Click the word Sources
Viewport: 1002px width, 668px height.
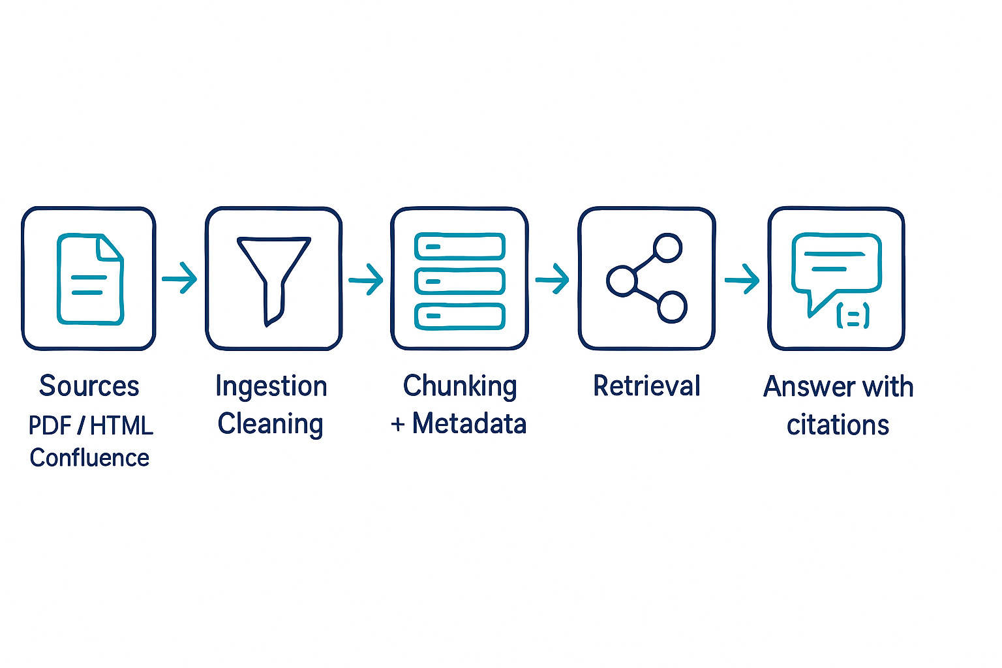[89, 386]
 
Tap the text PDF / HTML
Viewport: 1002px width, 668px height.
[91, 425]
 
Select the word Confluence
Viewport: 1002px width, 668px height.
[89, 458]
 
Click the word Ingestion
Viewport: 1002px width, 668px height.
[271, 386]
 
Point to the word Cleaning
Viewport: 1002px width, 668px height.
[270, 424]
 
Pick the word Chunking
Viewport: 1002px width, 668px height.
[460, 386]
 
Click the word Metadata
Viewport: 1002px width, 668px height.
[469, 424]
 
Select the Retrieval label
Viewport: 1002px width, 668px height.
[646, 386]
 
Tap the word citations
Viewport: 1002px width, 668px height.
[838, 425]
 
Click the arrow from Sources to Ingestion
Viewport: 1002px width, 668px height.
[180, 279]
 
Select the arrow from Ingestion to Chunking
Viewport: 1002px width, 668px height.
[366, 280]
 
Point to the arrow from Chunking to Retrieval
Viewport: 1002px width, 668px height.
[553, 279]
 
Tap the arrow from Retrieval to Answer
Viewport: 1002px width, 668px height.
[742, 280]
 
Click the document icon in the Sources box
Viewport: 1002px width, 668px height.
[89, 279]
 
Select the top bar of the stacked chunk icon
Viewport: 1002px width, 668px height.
[460, 247]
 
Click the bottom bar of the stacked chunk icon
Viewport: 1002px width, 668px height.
[460, 316]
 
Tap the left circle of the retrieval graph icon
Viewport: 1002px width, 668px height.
[621, 281]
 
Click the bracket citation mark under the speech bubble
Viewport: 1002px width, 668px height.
[853, 316]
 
